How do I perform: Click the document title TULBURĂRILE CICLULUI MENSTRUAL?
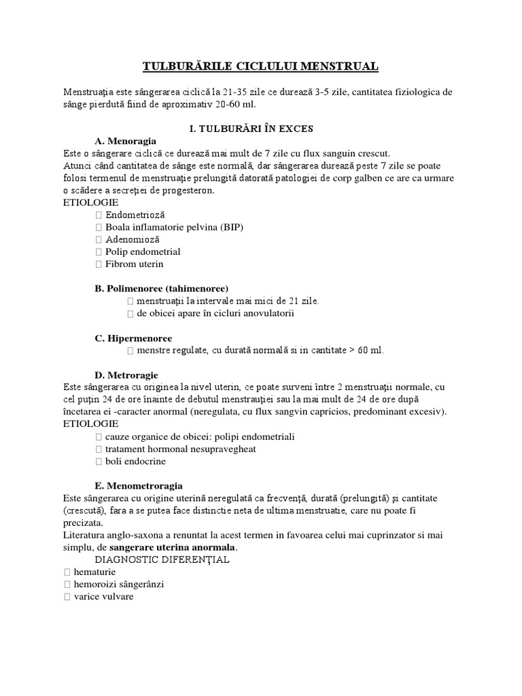pyautogui.click(x=260, y=66)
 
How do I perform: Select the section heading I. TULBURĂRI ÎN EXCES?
pyautogui.click(x=260, y=128)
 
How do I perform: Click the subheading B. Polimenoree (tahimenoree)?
pyautogui.click(x=162, y=288)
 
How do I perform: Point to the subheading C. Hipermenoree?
pyautogui.click(x=133, y=338)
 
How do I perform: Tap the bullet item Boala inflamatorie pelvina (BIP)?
pyautogui.click(x=173, y=227)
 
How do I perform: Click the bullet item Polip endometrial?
pyautogui.click(x=142, y=251)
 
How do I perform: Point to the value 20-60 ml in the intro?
pyautogui.click(x=234, y=104)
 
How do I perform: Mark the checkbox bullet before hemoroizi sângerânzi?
pyautogui.click(x=67, y=584)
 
